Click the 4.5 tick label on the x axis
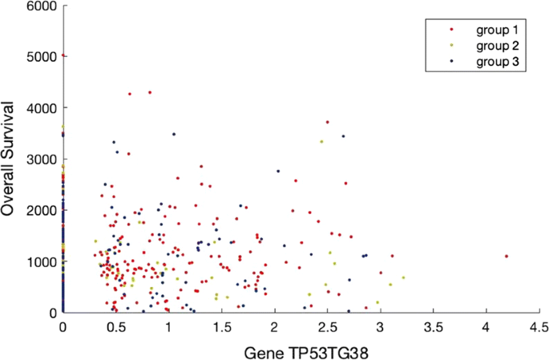539,327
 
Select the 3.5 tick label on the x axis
433,327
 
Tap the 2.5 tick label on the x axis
327,327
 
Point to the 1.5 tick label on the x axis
221,327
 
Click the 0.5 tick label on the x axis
115,327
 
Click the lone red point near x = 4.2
507,256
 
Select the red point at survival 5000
63,55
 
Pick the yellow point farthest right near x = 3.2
403,277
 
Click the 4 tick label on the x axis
486,327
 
